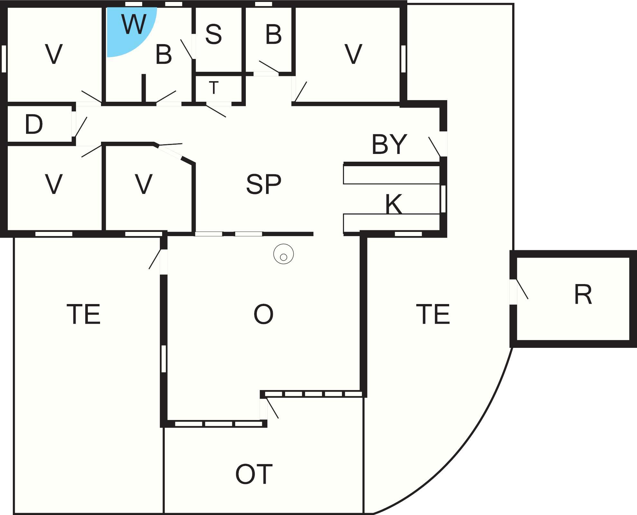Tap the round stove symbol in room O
coord(283,254)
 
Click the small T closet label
coord(214,87)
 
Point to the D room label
coord(34,124)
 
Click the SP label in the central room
coord(264,184)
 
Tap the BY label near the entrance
coord(389,144)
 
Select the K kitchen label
coord(394,204)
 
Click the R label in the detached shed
coord(583,294)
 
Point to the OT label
coord(254,474)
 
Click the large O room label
coord(263,314)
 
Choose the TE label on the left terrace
coord(84,314)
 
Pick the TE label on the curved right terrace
coord(433,314)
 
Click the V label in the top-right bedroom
coord(354,54)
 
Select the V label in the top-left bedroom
coord(54,54)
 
